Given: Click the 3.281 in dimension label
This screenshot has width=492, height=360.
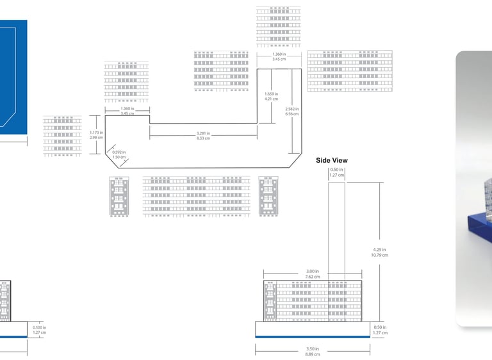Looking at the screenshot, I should [203, 136].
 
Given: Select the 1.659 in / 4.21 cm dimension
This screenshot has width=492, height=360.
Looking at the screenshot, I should [272, 97].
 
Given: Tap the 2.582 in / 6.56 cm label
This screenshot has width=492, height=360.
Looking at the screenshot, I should [292, 111].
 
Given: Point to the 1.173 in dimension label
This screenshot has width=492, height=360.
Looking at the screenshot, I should [96, 135].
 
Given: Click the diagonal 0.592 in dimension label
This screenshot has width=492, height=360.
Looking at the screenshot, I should [119, 154].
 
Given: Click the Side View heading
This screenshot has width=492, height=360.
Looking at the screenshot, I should [332, 161].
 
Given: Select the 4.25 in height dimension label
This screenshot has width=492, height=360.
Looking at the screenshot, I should [380, 252].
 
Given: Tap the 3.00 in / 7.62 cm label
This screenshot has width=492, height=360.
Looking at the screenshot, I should [312, 274].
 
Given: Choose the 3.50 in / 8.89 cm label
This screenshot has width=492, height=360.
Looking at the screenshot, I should [313, 352].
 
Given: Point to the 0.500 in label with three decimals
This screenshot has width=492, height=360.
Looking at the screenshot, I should [40, 330].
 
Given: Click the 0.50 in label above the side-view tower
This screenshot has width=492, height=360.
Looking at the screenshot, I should [337, 172].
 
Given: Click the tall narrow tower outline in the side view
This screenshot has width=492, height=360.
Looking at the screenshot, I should [337, 231].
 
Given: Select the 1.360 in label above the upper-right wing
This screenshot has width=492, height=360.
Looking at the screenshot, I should [279, 57].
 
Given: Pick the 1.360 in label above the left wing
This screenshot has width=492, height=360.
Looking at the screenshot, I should [127, 111].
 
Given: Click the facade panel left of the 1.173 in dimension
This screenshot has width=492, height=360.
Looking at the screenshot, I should [62, 136].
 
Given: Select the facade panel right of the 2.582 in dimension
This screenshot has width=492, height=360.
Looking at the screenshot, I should [350, 71].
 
